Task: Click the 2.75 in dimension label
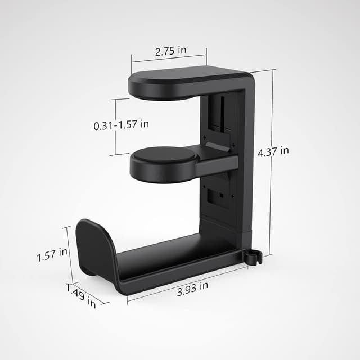click(170, 51)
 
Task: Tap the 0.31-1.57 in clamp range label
click(121, 125)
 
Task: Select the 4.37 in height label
click(273, 151)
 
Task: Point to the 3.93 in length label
click(193, 286)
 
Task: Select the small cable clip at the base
click(254, 256)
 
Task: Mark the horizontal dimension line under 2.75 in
click(169, 57)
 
